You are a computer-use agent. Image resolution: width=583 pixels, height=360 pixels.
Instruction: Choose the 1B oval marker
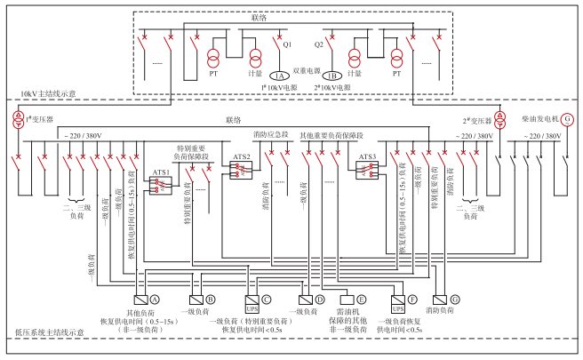point(334,75)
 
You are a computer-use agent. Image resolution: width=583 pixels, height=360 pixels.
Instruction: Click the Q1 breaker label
point(286,43)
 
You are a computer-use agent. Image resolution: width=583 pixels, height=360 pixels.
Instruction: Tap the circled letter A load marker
point(154,299)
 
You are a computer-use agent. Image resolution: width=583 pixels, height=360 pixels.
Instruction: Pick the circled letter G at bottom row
point(454,299)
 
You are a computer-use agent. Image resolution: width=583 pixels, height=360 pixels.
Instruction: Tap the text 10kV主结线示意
point(48,93)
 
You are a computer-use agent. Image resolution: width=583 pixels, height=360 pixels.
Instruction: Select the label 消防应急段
point(272,135)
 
